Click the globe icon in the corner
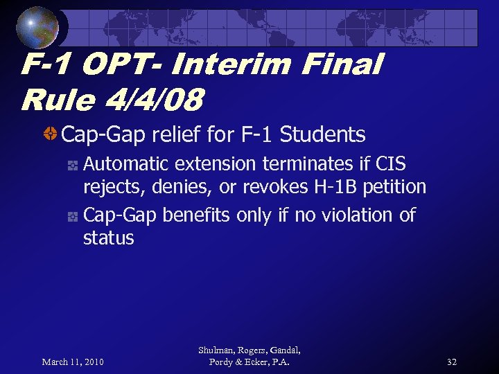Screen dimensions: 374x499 point(37,27)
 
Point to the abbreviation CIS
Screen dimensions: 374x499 point(389,165)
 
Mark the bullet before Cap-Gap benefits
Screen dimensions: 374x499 point(72,216)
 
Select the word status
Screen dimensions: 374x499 point(109,238)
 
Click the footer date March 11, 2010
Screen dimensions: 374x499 point(73,362)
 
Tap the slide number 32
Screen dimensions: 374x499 point(451,362)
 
